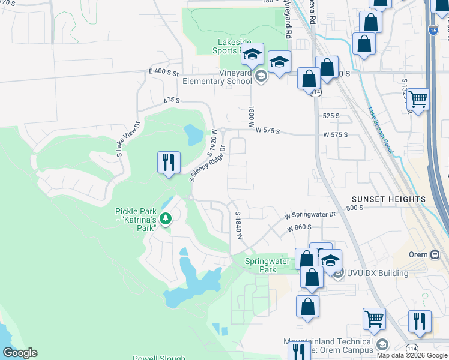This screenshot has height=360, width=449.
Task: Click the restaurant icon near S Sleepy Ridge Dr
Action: point(169,163)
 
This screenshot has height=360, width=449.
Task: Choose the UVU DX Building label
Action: point(377,274)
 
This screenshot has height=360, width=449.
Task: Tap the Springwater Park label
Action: point(268,265)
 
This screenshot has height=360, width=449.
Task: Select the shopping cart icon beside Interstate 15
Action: point(418,100)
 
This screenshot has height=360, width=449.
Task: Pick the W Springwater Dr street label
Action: point(309,214)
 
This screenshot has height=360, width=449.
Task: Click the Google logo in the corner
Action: point(20,353)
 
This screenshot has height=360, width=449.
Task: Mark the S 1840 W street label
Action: point(238,226)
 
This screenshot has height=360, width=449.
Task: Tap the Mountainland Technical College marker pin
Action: point(383,344)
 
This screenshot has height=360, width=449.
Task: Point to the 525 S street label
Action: point(331,115)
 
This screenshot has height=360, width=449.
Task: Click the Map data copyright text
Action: point(412,355)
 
